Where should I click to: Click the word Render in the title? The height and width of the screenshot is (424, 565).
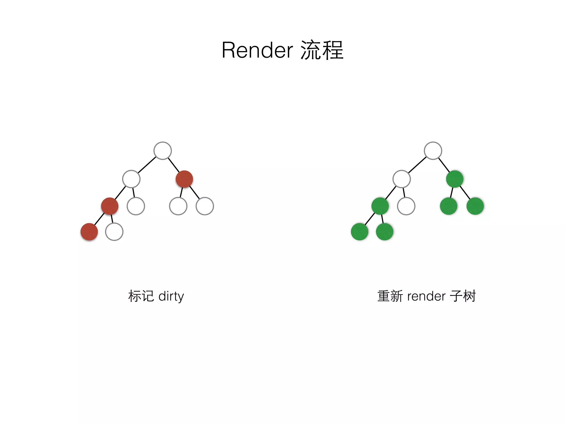pyautogui.click(x=257, y=50)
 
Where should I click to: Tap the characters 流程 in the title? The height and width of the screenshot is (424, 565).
pyautogui.click(x=322, y=50)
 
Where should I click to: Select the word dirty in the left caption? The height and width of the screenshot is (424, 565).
pyautogui.click(x=171, y=296)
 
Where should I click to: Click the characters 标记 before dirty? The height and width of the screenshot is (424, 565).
pyautogui.click(x=141, y=296)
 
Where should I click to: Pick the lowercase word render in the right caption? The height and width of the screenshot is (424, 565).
pyautogui.click(x=426, y=296)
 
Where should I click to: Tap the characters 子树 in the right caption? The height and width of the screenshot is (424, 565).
pyautogui.click(x=463, y=296)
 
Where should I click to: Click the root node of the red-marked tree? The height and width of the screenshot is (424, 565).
pyautogui.click(x=162, y=151)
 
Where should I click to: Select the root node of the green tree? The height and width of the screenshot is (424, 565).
pyautogui.click(x=433, y=151)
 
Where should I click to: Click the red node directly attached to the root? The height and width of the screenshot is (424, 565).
pyautogui.click(x=184, y=179)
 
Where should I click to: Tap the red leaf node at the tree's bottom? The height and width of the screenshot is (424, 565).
pyautogui.click(x=89, y=232)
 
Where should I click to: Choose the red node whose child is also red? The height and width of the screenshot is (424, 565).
pyautogui.click(x=110, y=206)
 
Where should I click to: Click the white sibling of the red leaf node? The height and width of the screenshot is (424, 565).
pyautogui.click(x=114, y=232)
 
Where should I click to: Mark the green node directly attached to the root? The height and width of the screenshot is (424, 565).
pyautogui.click(x=455, y=179)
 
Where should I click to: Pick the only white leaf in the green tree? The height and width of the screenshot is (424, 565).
pyautogui.click(x=406, y=206)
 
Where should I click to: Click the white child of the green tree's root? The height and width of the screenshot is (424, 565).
pyautogui.click(x=402, y=179)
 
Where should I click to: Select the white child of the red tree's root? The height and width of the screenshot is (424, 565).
pyautogui.click(x=131, y=179)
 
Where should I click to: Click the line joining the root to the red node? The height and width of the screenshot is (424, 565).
pyautogui.click(x=174, y=165)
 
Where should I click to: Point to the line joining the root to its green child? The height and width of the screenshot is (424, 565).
pyautogui.click(x=444, y=165)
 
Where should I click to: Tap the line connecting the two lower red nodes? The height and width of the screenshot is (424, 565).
pyautogui.click(x=99, y=219)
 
